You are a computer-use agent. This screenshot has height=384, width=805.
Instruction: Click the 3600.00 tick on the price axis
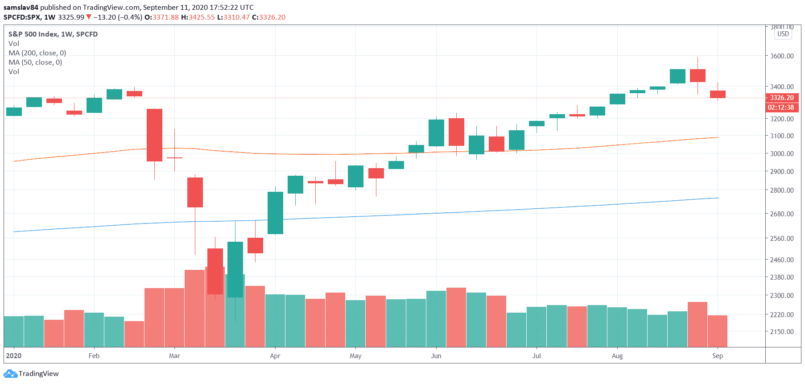point(782,56)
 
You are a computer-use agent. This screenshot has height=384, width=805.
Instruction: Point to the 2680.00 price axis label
point(782,214)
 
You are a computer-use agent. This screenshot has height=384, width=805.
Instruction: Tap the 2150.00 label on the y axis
point(782,332)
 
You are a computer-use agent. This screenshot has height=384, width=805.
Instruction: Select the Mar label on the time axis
point(174,356)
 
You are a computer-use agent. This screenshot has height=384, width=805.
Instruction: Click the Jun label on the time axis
point(436,356)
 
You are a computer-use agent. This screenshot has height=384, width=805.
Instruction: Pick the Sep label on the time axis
point(718,356)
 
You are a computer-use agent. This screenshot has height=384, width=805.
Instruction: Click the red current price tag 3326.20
point(782,98)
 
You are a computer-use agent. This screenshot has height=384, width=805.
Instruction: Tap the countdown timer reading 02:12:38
point(781,107)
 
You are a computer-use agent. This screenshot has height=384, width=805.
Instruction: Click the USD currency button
point(783,34)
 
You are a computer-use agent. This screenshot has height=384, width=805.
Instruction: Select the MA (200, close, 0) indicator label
point(37,53)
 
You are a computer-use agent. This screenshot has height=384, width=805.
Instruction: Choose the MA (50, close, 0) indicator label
point(35,62)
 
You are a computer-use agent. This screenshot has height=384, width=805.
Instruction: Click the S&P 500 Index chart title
point(53,34)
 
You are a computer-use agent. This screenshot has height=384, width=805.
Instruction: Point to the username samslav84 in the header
point(21,8)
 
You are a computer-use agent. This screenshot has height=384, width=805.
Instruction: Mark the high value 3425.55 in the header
point(202,17)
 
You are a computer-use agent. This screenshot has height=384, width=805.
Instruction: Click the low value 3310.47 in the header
point(236,17)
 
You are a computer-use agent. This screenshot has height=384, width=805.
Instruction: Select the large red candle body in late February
point(155,135)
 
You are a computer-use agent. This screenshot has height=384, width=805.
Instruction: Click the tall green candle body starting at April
point(275,213)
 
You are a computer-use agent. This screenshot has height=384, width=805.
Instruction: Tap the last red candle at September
point(718,94)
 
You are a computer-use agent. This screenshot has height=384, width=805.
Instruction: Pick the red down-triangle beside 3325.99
point(89,17)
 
